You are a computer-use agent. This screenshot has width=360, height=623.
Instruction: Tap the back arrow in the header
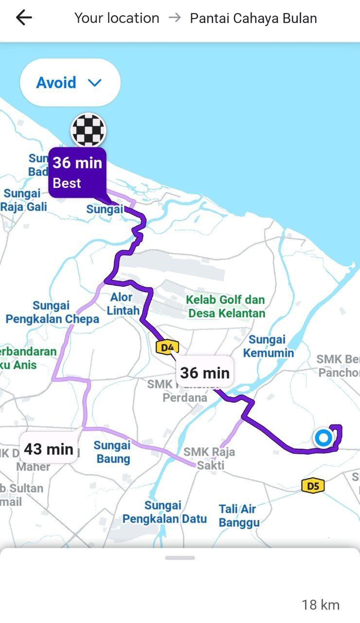pyautogui.click(x=23, y=18)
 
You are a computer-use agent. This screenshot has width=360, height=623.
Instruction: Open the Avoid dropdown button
pyautogui.click(x=70, y=83)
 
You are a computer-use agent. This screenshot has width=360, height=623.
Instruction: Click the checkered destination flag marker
pyautogui.click(x=89, y=129)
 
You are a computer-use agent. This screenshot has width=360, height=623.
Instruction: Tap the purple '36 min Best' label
pyautogui.click(x=77, y=172)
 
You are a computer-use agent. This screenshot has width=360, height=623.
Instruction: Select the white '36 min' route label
pyautogui.click(x=204, y=373)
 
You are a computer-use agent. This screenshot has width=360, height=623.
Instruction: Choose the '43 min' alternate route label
pyautogui.click(x=49, y=448)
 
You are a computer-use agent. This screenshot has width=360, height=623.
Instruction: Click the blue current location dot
pyautogui.click(x=323, y=438)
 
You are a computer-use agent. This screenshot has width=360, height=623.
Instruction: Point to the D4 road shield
pyautogui.click(x=167, y=347)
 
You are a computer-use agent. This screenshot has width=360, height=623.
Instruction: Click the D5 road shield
pyautogui.click(x=313, y=485)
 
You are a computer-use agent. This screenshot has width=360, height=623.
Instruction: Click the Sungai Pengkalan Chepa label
pyautogui.click(x=52, y=312)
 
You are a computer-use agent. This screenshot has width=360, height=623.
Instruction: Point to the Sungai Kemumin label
pyautogui.click(x=268, y=346)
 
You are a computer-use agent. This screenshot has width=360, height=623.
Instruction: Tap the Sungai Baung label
pyautogui.click(x=112, y=452)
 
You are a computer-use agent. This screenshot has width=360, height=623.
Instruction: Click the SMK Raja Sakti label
pyautogui.click(x=210, y=458)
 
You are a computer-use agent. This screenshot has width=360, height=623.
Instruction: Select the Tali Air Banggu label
pyautogui.click(x=238, y=516)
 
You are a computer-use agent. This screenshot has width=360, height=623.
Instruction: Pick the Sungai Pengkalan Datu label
pyautogui.click(x=164, y=512)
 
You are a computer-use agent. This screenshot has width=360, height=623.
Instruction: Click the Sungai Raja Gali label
pyautogui.click(x=23, y=200)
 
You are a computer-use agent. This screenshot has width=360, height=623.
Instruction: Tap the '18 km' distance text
pyautogui.click(x=320, y=605)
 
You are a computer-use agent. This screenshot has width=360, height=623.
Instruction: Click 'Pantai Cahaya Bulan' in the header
pyautogui.click(x=253, y=18)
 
